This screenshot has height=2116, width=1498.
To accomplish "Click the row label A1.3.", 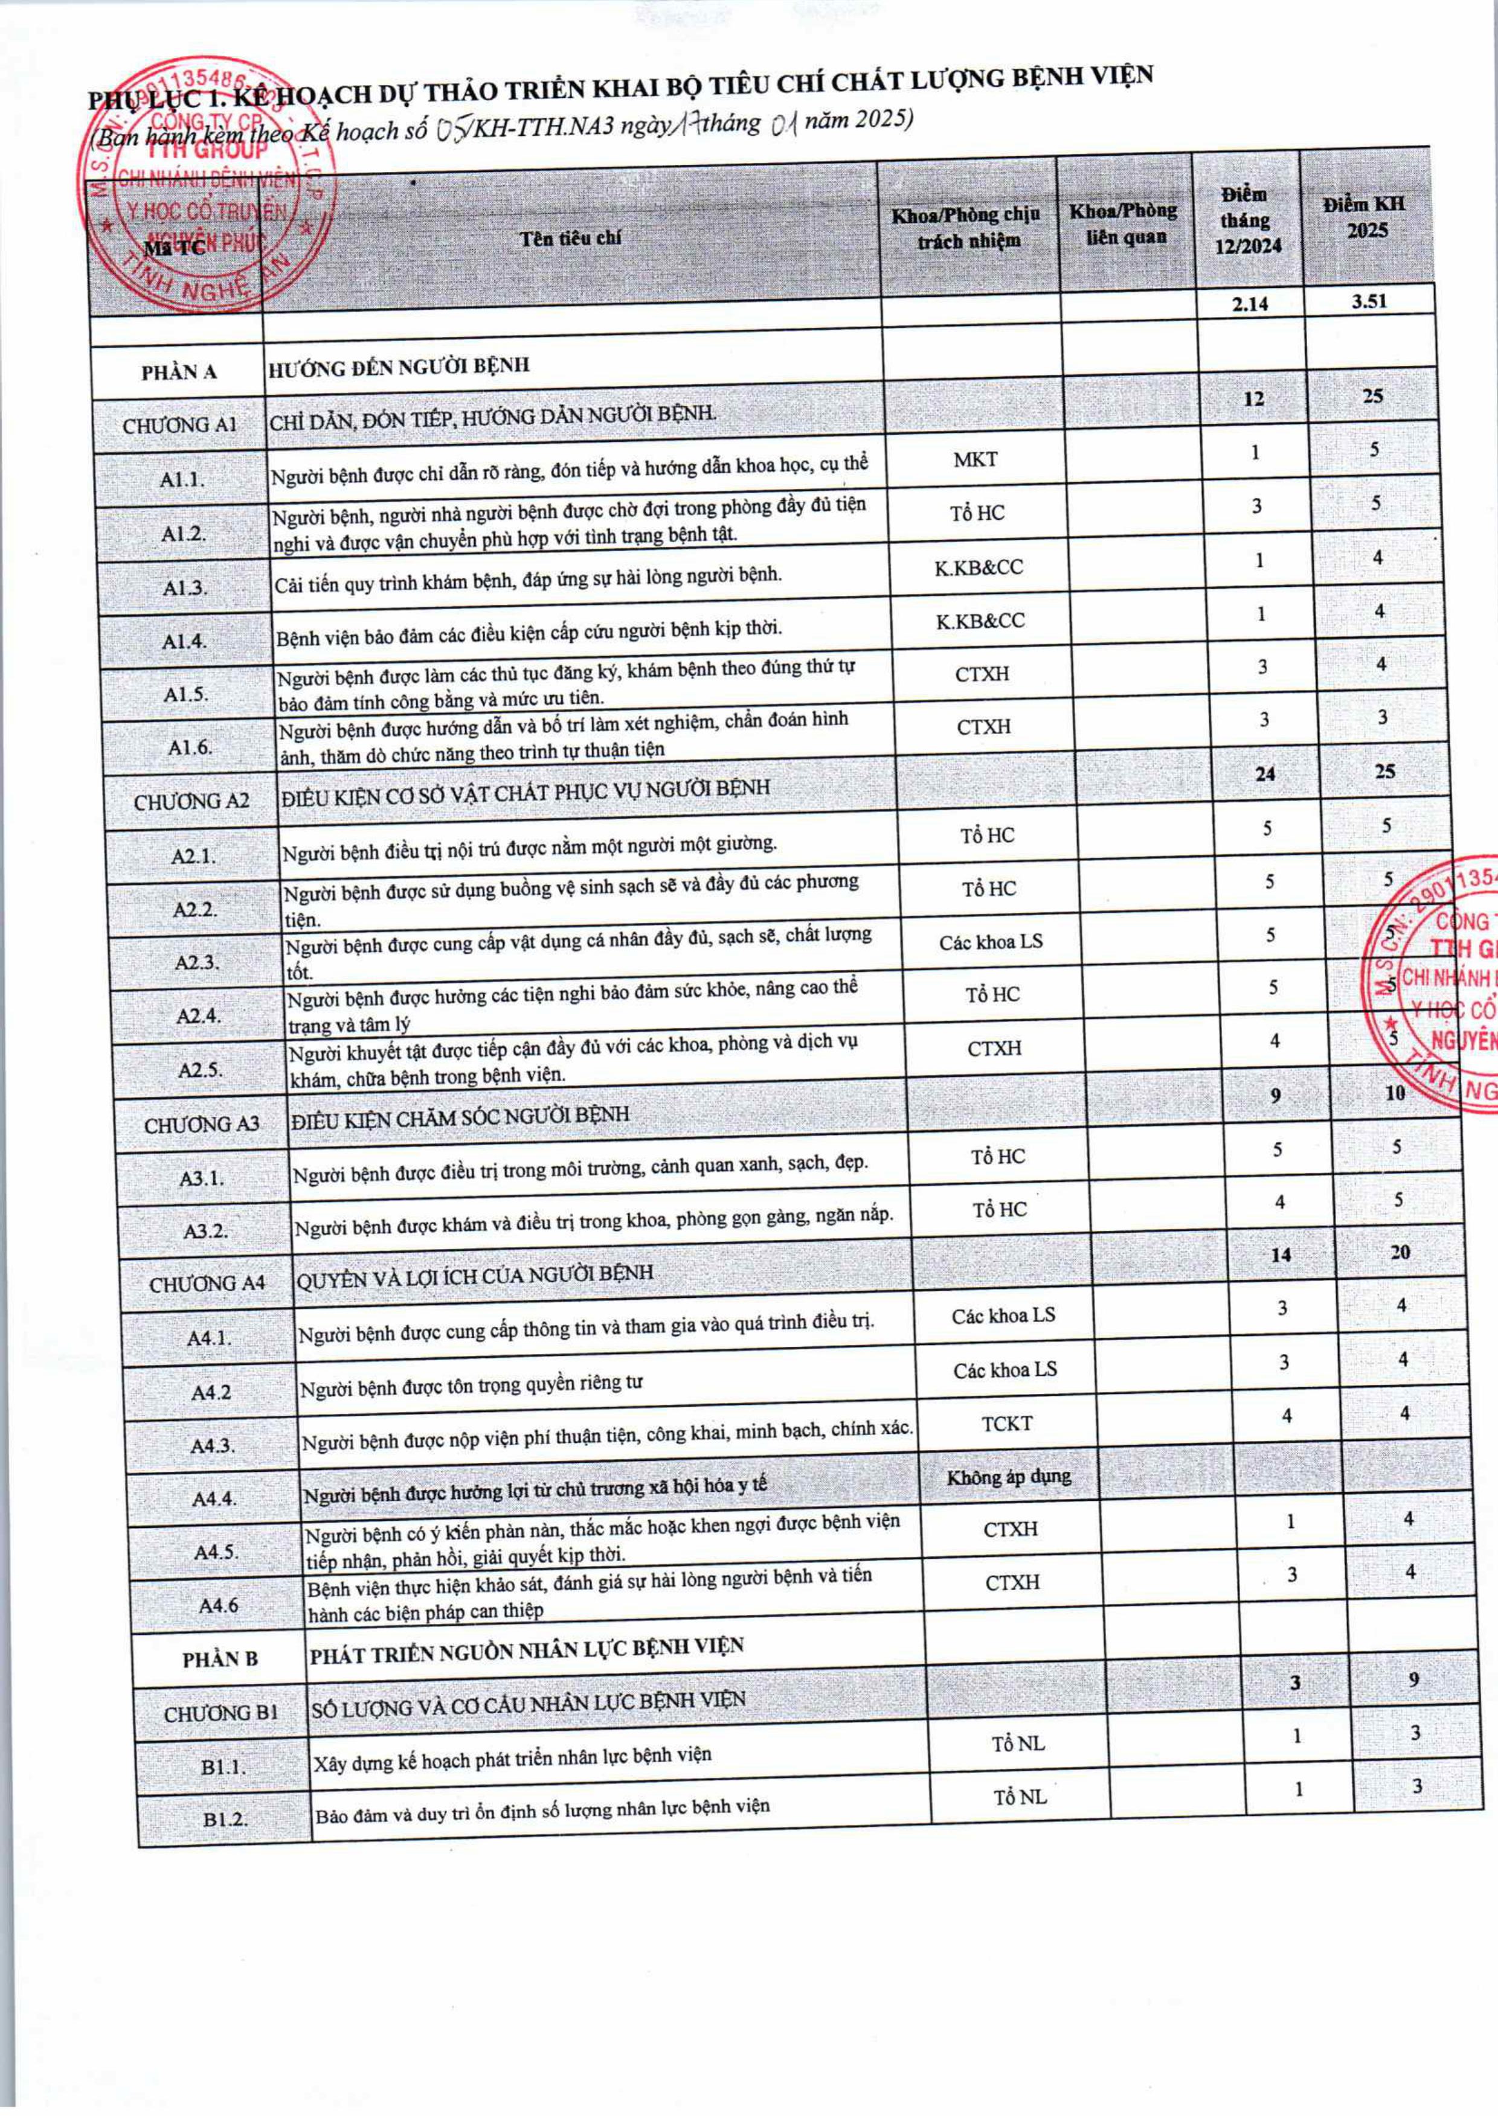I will click(x=184, y=587).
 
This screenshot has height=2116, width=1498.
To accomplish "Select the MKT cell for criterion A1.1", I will click(x=975, y=459).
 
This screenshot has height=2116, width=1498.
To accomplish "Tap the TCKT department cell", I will click(x=1006, y=1424).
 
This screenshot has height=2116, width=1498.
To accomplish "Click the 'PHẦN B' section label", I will click(x=219, y=1660).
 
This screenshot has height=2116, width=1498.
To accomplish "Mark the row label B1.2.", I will click(x=226, y=1820).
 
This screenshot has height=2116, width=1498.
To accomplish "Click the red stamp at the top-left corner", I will click(x=208, y=184).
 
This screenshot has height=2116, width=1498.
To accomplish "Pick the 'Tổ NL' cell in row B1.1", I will click(x=1018, y=1744).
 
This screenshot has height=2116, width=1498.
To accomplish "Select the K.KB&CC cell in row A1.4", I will click(x=980, y=621).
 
